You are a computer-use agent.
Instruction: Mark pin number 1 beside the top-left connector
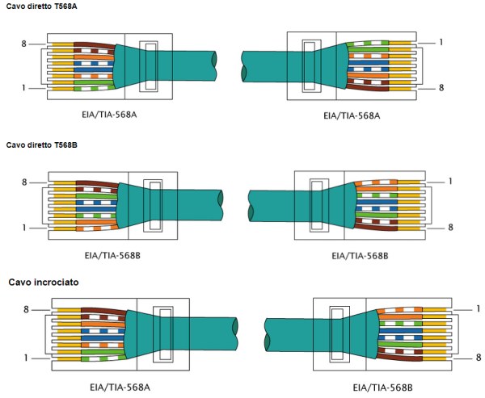click(x=24, y=87)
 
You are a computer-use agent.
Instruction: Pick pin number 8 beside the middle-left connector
click(x=24, y=182)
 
